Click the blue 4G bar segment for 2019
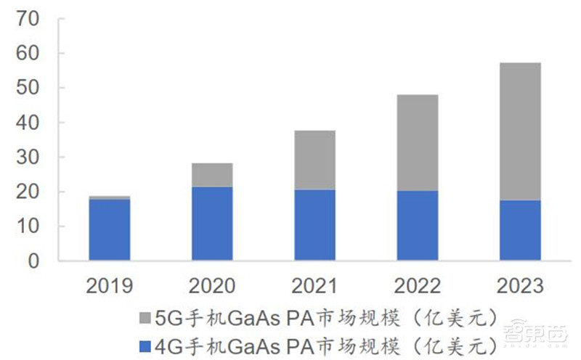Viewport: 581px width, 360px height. tap(109, 229)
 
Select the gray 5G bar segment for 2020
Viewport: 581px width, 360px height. tap(212, 175)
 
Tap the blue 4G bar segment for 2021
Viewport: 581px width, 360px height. tap(314, 225)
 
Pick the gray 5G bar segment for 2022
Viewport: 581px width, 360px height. tap(418, 142)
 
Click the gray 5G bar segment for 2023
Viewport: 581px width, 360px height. tap(520, 131)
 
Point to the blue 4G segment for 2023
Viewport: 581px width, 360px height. tap(520, 230)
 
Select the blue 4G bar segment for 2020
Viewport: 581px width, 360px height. tap(212, 224)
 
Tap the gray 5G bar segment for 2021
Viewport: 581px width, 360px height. tap(314, 160)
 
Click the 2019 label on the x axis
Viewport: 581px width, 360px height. tap(110, 285)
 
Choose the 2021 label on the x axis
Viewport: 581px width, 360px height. tap(314, 285)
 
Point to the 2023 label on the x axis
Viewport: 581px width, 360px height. tap(520, 285)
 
